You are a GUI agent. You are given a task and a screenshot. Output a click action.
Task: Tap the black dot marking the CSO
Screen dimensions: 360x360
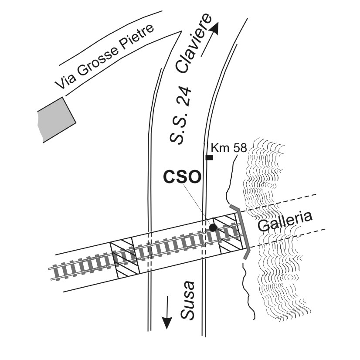213,228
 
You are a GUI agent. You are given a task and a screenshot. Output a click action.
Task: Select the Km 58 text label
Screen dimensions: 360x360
229,148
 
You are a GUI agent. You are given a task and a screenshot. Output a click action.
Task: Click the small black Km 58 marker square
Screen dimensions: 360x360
210,157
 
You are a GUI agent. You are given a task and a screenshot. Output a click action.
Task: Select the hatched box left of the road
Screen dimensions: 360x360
124,259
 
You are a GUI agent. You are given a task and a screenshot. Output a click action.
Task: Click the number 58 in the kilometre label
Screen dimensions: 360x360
240,148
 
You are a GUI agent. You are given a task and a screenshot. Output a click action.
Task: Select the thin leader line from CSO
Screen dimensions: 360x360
198,204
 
